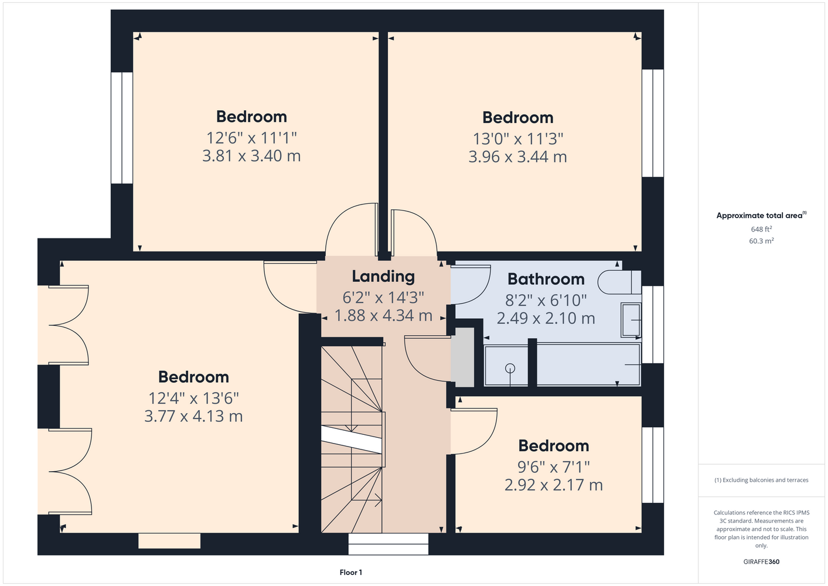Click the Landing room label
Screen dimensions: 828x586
tap(383, 277)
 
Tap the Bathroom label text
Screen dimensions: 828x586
tap(546, 279)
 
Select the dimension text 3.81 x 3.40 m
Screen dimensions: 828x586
tap(251, 156)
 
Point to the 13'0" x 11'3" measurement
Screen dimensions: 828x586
tap(518, 139)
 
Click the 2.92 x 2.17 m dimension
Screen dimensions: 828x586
tap(553, 485)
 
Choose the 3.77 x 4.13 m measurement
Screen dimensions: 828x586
tap(193, 416)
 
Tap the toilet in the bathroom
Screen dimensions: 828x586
tap(619, 282)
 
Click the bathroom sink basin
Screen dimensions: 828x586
tap(631, 320)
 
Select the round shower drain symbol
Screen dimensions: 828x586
tap(510, 368)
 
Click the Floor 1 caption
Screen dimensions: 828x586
tap(351, 573)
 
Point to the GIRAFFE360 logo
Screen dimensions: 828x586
tap(761, 561)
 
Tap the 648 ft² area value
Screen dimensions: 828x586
tap(761, 229)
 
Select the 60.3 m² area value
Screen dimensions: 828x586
tap(761, 241)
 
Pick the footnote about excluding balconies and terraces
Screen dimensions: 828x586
tap(761, 480)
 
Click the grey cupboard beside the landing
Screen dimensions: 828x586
tap(462, 357)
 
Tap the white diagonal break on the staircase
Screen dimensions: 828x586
tap(351, 439)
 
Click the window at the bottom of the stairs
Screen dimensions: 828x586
tap(388, 544)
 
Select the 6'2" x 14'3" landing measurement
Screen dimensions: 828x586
tap(383, 298)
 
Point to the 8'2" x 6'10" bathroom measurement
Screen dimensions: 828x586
tap(546, 300)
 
